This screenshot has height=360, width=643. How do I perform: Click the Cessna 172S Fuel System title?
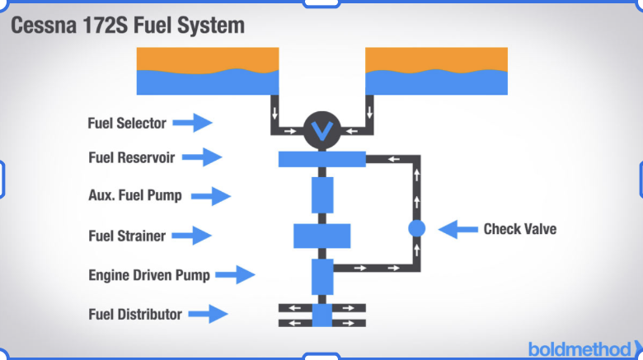coord(128,26)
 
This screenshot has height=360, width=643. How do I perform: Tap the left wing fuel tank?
coord(208,71)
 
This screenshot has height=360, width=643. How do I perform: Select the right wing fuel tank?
coord(436,71)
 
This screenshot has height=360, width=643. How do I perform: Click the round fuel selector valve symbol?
coord(321,130)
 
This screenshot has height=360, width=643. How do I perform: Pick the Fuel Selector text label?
coord(127,123)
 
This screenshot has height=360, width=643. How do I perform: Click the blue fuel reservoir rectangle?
coord(321,159)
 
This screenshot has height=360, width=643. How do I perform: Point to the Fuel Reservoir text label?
coord(132,157)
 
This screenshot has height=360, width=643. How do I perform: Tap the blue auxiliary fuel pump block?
coord(322,195)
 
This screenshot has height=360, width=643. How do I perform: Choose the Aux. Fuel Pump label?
coord(135,195)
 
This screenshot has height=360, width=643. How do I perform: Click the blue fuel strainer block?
coord(321,236)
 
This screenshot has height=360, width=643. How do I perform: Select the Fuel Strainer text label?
coord(127,236)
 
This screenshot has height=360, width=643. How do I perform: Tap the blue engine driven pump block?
coord(322,277)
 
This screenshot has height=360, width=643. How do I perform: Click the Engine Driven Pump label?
coord(149,275)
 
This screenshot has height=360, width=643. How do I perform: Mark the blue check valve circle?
coord(416,228)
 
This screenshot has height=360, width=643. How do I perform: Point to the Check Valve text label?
coord(520,229)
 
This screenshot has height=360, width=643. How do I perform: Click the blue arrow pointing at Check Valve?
coord(458,229)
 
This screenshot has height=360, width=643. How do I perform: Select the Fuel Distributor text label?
coord(135,315)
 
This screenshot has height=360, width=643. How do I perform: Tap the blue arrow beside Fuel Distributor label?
coord(208,314)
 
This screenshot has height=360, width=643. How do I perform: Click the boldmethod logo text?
coord(580,349)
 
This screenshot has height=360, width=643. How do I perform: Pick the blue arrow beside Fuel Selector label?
coord(192,123)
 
